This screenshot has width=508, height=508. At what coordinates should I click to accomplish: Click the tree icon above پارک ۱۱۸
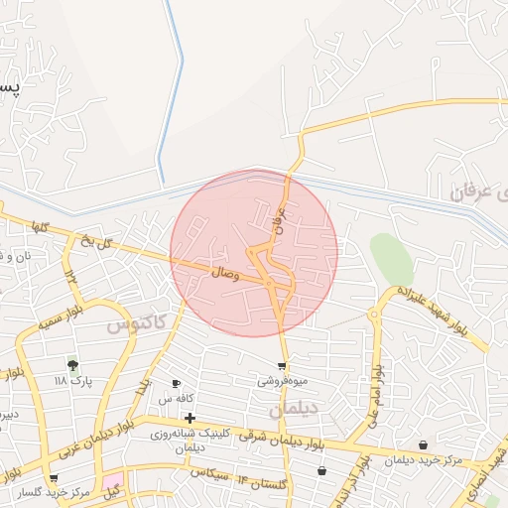tap(71, 365)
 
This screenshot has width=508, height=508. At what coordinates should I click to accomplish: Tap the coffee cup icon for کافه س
tap(177, 384)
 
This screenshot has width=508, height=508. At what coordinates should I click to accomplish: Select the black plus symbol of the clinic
tap(190, 418)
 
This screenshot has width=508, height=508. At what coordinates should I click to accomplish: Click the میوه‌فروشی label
tap(283, 380)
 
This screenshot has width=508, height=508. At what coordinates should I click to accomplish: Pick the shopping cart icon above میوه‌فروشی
tap(283, 366)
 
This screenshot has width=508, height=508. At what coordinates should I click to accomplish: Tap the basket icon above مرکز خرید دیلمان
tap(424, 444)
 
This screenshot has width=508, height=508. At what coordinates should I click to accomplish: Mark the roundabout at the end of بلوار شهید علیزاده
tap(375, 315)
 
